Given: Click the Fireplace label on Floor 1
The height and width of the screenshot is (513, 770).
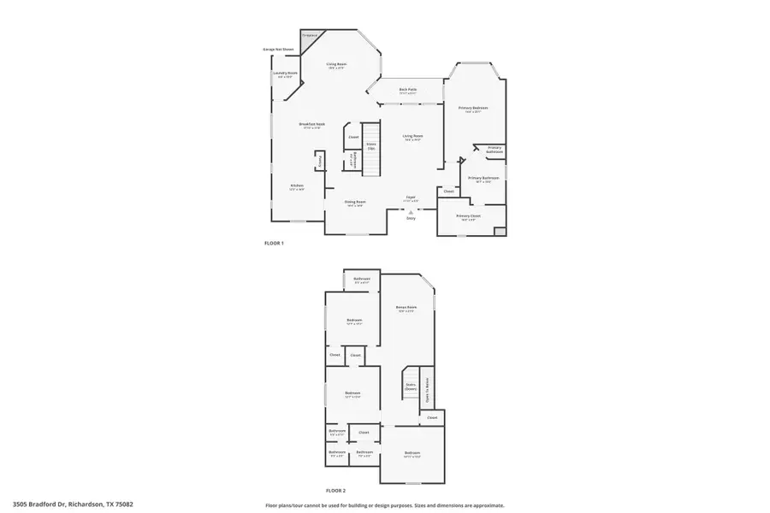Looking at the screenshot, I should click(x=309, y=35).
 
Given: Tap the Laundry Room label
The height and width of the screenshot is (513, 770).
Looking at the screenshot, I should click(x=285, y=74).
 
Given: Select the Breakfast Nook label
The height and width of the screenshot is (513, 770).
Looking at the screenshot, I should click(x=311, y=125).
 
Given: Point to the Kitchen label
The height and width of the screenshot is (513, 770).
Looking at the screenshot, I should click(x=297, y=185).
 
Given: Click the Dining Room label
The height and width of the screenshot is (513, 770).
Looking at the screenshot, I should click(x=354, y=203).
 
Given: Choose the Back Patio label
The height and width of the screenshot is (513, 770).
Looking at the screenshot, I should click(x=408, y=90).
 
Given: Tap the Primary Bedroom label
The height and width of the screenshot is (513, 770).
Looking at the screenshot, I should click(x=472, y=108).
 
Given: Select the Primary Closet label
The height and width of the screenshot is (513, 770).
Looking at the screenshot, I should click(x=469, y=216).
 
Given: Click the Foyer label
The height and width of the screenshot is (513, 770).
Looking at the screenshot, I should click(x=411, y=198).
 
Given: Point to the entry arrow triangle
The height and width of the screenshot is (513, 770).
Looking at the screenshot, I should click(x=411, y=212).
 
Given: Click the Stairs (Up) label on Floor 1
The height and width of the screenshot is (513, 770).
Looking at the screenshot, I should click(x=371, y=145).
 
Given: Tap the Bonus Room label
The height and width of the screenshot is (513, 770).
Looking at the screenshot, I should click(x=406, y=308).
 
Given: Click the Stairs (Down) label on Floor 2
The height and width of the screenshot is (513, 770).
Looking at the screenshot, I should click(x=411, y=387).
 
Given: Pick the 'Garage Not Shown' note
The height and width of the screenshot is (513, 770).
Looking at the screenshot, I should click(x=278, y=50).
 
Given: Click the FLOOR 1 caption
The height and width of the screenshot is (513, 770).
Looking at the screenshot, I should click(x=274, y=244).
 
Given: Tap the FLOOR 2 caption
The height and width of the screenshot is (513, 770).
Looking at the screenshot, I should click(x=335, y=490).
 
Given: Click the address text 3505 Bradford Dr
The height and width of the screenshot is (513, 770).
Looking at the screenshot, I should click(x=73, y=505).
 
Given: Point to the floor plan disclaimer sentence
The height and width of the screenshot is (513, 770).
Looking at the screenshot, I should click(x=384, y=505).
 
